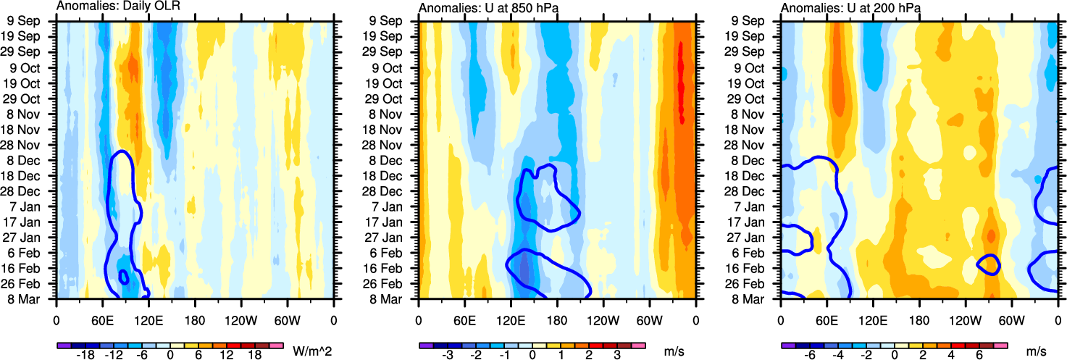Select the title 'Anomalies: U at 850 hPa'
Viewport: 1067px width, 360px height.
(x=482, y=7)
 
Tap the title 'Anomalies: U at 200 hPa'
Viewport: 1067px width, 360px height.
(x=844, y=7)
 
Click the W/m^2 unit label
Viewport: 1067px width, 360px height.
(x=311, y=351)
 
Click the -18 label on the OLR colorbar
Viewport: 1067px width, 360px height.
(x=86, y=355)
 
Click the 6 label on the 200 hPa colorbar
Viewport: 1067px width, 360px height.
(x=979, y=355)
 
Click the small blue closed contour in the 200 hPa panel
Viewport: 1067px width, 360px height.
(x=988, y=264)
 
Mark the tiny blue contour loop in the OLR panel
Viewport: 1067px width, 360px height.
(x=123, y=276)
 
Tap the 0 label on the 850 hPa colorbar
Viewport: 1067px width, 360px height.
(x=532, y=355)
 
